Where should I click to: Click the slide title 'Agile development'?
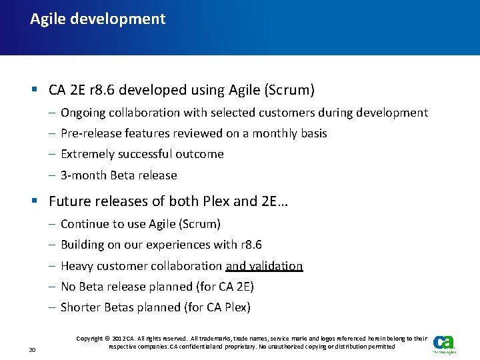97,19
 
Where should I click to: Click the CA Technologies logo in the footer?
443,344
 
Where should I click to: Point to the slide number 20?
33,349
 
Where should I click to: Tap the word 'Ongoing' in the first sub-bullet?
83,113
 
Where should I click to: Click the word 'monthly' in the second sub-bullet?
266,133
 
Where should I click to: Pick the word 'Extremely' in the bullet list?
87,154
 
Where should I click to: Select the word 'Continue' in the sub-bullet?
85,224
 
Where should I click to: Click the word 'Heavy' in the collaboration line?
77,266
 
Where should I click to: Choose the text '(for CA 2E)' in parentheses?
221,287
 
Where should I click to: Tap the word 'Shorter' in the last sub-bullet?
81,307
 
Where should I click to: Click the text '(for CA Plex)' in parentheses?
217,307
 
